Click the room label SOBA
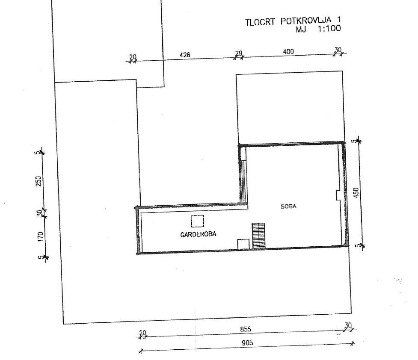[288, 206]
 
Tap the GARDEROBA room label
[199, 234]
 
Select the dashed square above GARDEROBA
[197, 221]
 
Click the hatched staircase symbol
[258, 236]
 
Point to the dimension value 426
[185, 55]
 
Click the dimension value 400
[288, 51]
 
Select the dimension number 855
[246, 329]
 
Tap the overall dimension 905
[247, 342]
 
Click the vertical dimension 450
[356, 193]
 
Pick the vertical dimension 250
[39, 181]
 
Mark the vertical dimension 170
[40, 237]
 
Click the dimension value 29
[239, 53]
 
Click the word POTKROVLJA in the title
[306, 21]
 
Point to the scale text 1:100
[329, 28]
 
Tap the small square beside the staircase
[243, 245]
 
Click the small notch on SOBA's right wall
[338, 195]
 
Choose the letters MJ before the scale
[301, 29]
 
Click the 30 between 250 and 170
[39, 213]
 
